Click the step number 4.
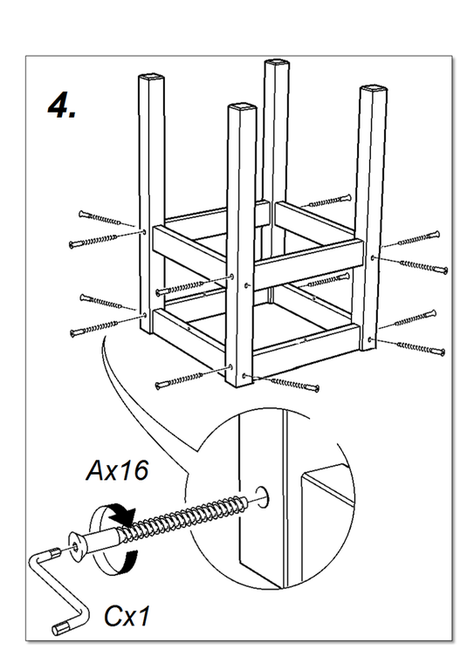click(x=62, y=106)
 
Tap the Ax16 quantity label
click(x=117, y=470)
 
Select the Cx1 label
click(x=127, y=616)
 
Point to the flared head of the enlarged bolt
click(x=77, y=546)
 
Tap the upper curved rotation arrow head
click(x=123, y=515)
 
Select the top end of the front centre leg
click(x=242, y=107)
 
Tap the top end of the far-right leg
click(x=373, y=91)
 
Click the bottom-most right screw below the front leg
click(x=295, y=384)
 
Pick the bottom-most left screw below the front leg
click(x=180, y=379)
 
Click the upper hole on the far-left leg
click(x=144, y=232)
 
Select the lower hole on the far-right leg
click(x=370, y=340)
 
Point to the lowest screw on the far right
click(x=421, y=348)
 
